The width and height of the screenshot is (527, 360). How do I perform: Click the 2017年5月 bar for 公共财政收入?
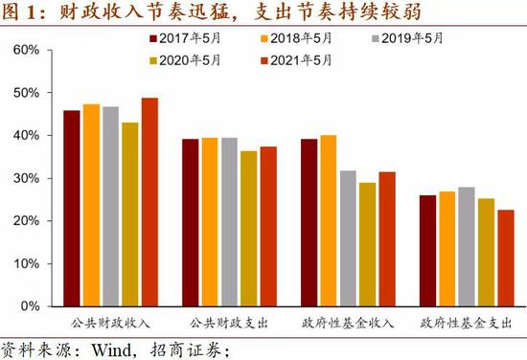pos(71,208)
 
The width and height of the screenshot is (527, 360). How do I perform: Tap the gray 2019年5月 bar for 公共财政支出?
pos(229,221)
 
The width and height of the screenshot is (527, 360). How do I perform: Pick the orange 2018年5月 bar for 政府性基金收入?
pos(328,220)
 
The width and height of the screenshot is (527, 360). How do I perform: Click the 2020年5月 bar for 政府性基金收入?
pos(367,244)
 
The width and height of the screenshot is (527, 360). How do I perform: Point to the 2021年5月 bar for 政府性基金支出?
pos(505,258)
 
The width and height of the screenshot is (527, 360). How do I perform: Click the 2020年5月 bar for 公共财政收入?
pos(130,214)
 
